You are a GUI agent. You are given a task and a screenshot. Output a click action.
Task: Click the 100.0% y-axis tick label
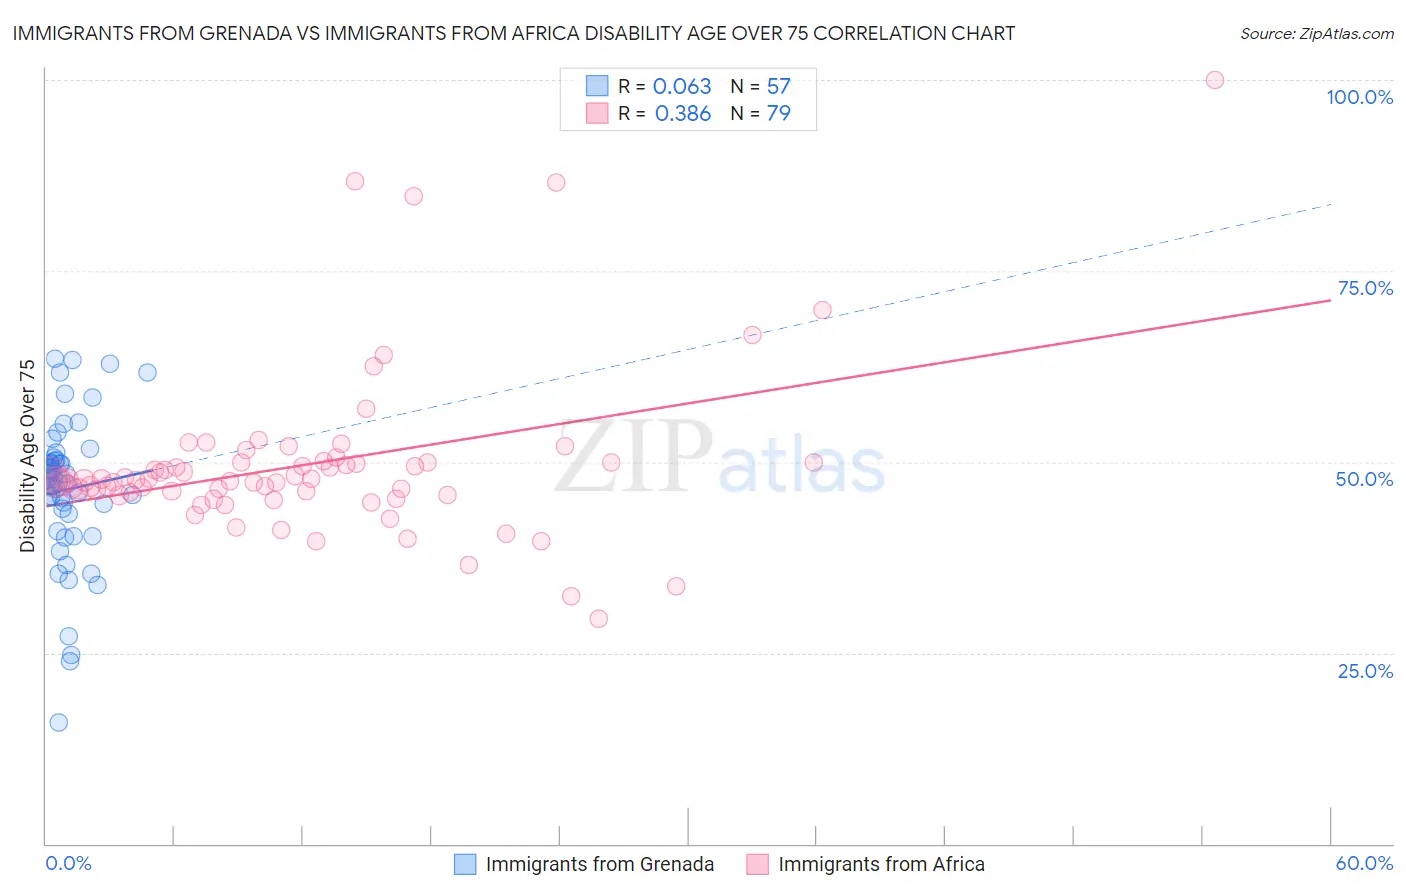pos(1359,97)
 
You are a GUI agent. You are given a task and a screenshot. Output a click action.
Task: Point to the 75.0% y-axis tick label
pos(1365,288)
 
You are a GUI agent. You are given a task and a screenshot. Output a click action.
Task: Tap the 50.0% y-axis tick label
pos(1364,479)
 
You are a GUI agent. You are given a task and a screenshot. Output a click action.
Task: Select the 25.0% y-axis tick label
pos(1365,671)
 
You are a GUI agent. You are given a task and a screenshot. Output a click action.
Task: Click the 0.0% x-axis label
pos(68,863)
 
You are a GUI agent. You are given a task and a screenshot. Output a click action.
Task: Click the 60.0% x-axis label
pos(1364,863)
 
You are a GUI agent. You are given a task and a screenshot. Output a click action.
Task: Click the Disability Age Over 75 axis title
pos(28,456)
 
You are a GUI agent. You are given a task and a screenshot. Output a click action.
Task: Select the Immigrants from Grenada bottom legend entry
pos(599,864)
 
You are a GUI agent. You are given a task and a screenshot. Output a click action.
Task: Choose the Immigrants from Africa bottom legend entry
pos(880,864)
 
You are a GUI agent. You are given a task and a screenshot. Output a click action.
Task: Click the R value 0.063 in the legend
pos(682,87)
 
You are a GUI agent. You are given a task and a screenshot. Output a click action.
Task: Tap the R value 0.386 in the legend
pos(682,114)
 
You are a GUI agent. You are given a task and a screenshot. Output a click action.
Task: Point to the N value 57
pos(778,87)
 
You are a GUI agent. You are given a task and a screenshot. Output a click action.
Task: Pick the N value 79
pos(778,114)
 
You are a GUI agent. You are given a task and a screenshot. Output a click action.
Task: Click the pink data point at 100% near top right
pos(1214,80)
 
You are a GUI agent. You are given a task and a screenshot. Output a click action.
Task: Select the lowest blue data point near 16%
pos(59,722)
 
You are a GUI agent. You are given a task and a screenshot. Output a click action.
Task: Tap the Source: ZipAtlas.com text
pos(1316,34)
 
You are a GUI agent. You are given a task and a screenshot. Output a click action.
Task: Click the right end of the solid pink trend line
pos(1330,299)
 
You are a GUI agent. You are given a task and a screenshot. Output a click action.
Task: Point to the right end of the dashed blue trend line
pos(1330,204)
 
